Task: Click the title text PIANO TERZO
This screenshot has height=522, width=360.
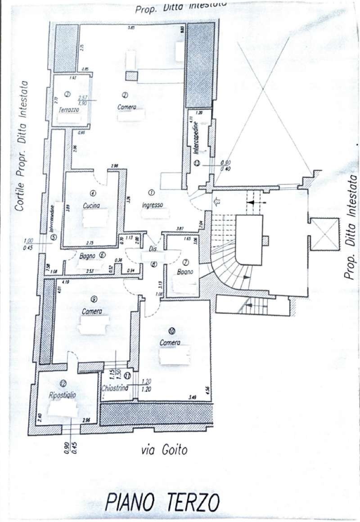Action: tap(162, 502)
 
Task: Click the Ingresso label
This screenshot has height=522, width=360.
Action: tap(152, 205)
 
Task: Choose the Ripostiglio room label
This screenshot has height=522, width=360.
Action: tap(63, 395)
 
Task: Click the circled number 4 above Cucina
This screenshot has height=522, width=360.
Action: tap(93, 194)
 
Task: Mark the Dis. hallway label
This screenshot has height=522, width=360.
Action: tap(152, 248)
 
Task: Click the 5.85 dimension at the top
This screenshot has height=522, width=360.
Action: tap(131, 28)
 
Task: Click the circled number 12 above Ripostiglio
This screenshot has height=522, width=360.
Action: tap(63, 383)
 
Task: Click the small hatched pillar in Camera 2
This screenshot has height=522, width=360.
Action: tap(131, 76)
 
